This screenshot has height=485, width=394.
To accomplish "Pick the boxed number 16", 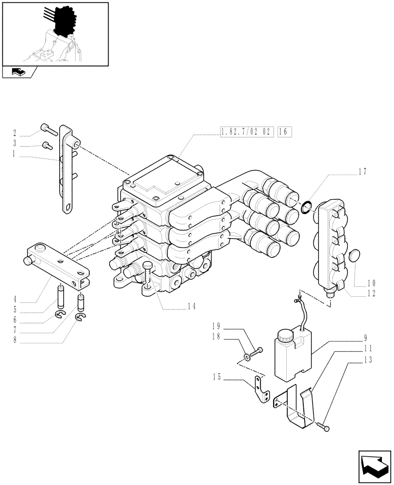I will (284, 131).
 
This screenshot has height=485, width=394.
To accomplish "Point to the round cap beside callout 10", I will (355, 257).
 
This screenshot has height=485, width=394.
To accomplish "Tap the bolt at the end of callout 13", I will (325, 428).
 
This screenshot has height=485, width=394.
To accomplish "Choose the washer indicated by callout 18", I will (247, 358).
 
